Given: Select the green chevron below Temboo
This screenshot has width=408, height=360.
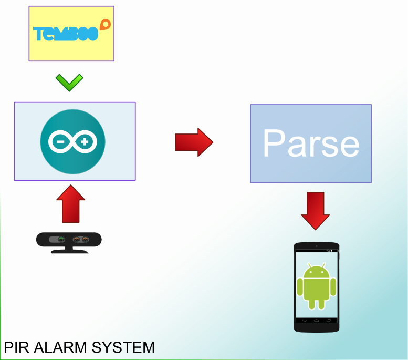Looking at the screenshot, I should pos(69,82).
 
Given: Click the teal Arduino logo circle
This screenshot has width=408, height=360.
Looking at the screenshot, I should pos(73,141).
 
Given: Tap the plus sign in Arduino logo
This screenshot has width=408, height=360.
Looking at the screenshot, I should pos(86,141).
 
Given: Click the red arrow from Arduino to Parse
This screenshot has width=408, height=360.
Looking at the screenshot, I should pos(194,142).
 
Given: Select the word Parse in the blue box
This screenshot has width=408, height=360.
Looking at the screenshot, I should pos(311,143).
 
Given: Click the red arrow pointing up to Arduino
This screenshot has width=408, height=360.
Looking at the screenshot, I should pos(70,203).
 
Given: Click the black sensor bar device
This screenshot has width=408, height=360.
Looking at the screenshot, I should pos(69,240).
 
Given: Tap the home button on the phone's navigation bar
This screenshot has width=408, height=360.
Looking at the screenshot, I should pos(317,320).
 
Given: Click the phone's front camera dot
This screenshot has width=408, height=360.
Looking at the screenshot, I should pos(317,246).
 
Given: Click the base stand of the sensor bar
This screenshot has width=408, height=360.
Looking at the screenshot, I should pos(69,250).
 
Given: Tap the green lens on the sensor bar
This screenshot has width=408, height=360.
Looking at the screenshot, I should pos(61,240).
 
